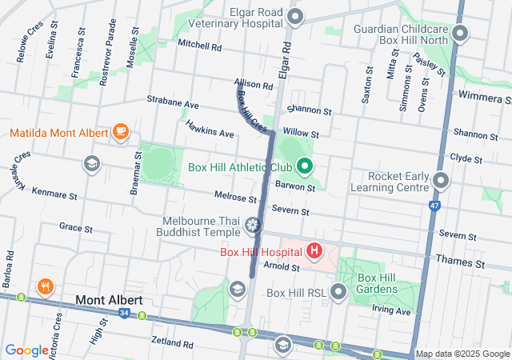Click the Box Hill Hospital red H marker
(x=314, y=251)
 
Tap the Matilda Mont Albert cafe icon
(x=121, y=131)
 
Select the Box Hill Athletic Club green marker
(x=304, y=167)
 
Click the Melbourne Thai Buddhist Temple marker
(x=254, y=226)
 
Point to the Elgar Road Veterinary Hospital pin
(x=295, y=17)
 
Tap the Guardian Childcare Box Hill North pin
(x=460, y=33)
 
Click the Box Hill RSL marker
(x=338, y=293)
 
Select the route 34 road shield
(x=123, y=313)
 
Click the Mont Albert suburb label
(x=109, y=300)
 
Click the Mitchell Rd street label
(x=199, y=46)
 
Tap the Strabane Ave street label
(x=172, y=104)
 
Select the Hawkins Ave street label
(x=210, y=129)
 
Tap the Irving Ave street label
(x=393, y=310)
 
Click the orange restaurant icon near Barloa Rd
(x=44, y=286)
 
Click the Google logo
(x=26, y=350)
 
